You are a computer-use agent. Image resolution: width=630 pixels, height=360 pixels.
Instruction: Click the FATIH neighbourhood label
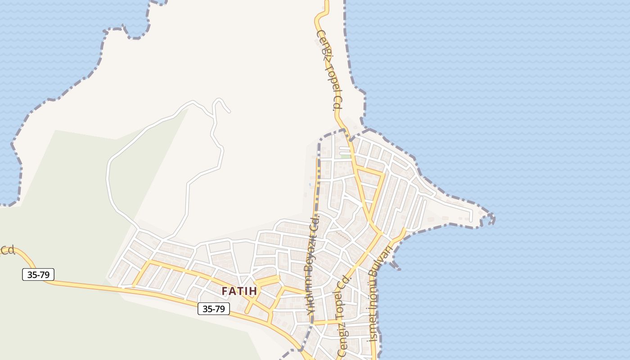[x=239, y=291]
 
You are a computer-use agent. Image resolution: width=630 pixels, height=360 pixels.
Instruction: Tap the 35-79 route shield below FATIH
[x=214, y=309]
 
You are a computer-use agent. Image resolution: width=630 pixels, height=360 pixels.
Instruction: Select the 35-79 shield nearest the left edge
[x=38, y=274]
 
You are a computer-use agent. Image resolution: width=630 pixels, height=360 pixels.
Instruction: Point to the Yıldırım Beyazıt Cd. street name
[x=312, y=268]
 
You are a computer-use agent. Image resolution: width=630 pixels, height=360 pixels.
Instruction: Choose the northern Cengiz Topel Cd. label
[x=329, y=71]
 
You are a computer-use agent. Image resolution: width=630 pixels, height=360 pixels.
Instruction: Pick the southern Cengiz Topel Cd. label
[x=343, y=317]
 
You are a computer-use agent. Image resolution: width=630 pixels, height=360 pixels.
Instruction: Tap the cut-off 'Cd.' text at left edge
[x=8, y=250]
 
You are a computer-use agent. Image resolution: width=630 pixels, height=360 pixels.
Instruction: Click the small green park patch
[x=345, y=157]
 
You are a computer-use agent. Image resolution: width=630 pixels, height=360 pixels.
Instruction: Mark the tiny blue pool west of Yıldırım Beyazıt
[x=310, y=184]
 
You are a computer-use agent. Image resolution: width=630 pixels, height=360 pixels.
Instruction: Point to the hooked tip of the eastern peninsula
[x=492, y=219]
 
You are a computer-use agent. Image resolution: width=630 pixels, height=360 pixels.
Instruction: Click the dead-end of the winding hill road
[x=229, y=111]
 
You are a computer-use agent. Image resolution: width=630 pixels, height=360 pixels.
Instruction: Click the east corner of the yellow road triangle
[x=384, y=172]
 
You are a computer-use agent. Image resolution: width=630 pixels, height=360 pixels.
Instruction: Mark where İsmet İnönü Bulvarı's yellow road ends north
[x=405, y=229]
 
